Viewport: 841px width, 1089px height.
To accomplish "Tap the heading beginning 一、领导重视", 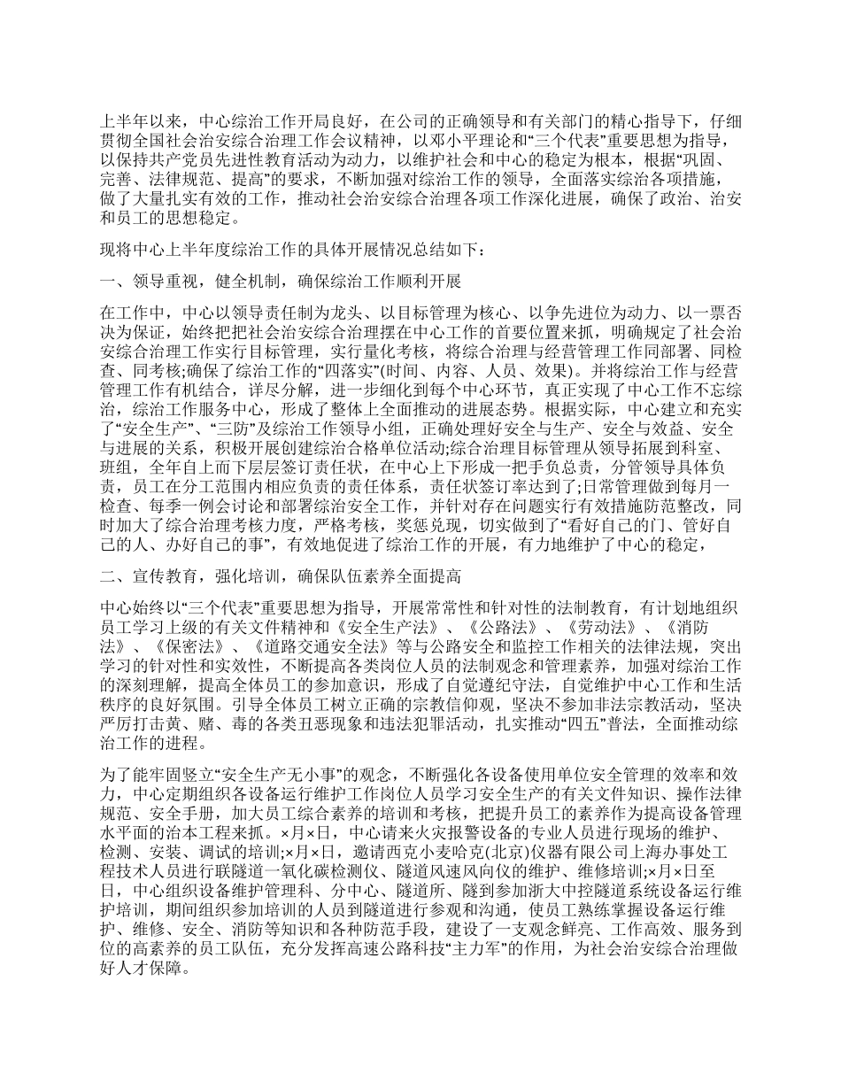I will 281,282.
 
